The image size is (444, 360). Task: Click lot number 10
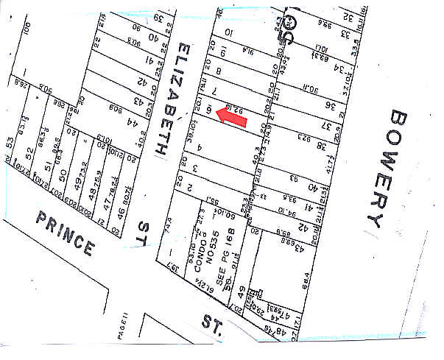[228, 32]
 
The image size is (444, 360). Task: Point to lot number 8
[218, 71]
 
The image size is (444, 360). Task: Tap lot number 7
[214, 90]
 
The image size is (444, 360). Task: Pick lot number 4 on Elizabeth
[200, 148]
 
